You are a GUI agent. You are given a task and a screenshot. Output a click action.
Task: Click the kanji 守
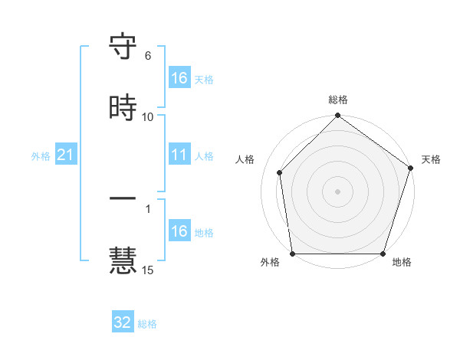tap(123, 48)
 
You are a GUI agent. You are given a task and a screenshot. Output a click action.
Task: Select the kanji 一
tap(123, 198)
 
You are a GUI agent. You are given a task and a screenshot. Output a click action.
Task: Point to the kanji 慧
tap(123, 259)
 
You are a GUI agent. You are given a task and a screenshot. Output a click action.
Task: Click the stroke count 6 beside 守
tap(147, 56)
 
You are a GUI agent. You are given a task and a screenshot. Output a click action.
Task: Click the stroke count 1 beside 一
tap(147, 208)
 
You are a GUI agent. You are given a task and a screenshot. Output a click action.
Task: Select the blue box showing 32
tap(123, 322)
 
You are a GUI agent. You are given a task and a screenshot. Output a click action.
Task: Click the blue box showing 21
tap(66, 155)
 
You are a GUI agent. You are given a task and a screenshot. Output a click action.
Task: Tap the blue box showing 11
tap(179, 155)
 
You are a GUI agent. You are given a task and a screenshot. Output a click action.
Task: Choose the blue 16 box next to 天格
tap(179, 78)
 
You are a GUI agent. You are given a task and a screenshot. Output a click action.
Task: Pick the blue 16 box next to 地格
tap(179, 231)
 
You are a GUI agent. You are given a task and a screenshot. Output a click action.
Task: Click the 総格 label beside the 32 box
tap(147, 324)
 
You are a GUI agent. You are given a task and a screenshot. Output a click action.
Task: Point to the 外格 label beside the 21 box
tap(41, 156)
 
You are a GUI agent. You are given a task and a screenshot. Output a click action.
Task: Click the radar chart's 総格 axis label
tap(338, 100)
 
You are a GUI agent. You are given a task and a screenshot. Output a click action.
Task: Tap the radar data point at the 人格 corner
tap(280, 172)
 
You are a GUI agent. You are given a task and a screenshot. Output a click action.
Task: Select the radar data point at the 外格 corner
tap(292, 254)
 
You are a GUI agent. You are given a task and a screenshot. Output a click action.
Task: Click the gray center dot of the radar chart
tap(338, 191)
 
